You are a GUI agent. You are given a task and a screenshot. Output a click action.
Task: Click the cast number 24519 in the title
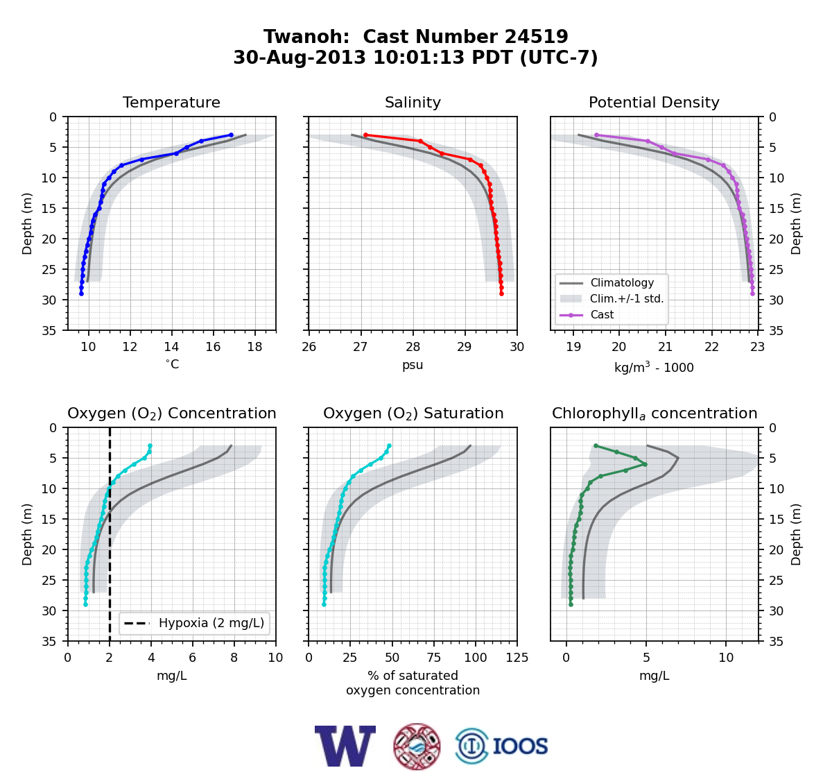(x=536, y=37)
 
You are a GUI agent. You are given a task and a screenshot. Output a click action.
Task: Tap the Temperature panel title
(x=171, y=102)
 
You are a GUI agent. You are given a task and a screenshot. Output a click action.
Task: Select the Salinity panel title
(x=413, y=102)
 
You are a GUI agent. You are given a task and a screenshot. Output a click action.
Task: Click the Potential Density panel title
(x=654, y=102)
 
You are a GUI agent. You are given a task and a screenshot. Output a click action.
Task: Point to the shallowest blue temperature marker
(x=231, y=135)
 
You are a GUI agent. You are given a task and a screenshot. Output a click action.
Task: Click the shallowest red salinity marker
(x=365, y=135)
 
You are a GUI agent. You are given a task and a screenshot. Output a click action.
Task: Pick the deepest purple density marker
(x=752, y=293)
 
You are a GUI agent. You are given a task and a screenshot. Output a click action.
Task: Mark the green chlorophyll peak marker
(x=645, y=464)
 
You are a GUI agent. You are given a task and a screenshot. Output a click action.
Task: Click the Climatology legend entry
(x=622, y=282)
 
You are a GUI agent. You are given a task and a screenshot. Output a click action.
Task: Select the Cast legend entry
(x=602, y=314)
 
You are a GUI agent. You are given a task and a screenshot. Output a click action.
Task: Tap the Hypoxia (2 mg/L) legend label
(x=211, y=623)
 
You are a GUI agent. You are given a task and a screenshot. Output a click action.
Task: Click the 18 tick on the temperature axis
(x=254, y=347)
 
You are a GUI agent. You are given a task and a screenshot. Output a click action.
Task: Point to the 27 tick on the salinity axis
(x=361, y=347)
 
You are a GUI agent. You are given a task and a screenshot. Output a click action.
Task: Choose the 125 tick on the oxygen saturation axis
(x=517, y=658)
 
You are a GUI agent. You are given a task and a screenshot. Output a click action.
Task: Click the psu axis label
(x=413, y=365)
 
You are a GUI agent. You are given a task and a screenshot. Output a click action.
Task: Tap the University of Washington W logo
(x=345, y=746)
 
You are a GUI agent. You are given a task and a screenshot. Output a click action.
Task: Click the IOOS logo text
(x=520, y=746)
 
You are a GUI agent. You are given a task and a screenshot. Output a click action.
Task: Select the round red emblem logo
(x=417, y=746)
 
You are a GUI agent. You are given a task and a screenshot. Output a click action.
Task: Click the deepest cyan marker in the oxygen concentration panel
(x=85, y=604)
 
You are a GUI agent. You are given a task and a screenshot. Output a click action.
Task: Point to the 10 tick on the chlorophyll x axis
(x=726, y=658)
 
